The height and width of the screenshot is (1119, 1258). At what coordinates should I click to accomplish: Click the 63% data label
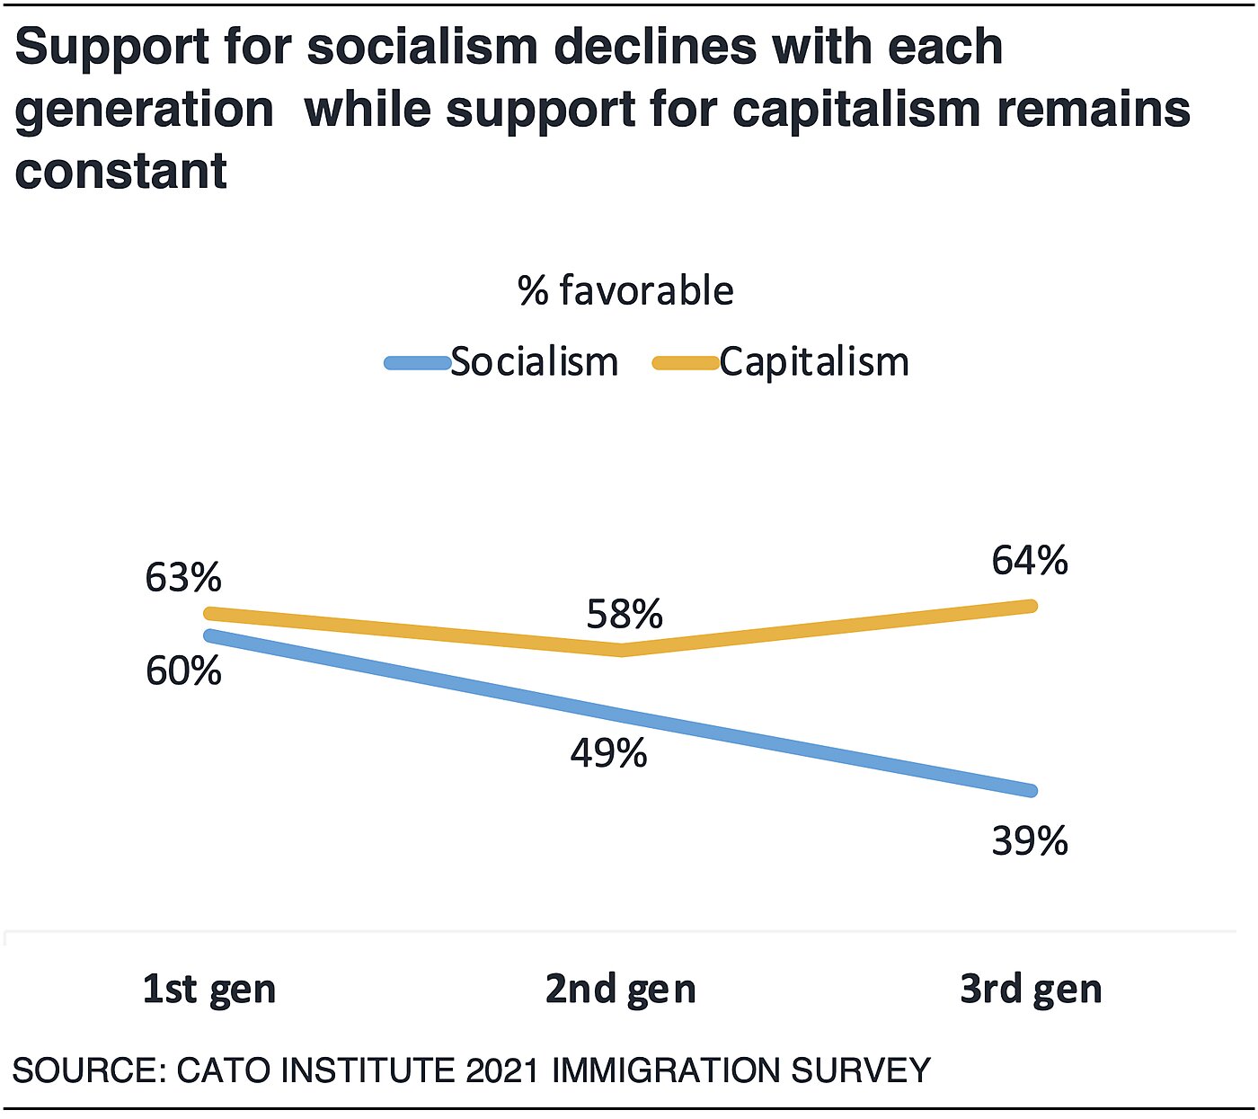click(183, 578)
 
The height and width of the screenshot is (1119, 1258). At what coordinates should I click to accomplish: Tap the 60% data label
click(183, 671)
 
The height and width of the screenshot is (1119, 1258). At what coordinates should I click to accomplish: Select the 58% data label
click(625, 615)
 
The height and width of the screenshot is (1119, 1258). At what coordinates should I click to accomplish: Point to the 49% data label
click(608, 753)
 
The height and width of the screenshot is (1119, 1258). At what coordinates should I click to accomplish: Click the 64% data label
click(1030, 561)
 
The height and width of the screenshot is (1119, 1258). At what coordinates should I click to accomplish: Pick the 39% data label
click(1030, 841)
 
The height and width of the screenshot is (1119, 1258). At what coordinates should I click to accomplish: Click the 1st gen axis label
click(209, 990)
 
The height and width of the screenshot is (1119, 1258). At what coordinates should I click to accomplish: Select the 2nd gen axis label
click(621, 990)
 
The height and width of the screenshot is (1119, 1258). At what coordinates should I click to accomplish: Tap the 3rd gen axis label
click(1031, 990)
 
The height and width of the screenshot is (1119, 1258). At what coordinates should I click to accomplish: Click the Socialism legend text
click(535, 362)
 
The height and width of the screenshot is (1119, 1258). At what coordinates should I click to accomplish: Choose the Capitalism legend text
click(814, 362)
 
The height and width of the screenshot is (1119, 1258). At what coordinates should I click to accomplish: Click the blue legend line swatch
click(418, 363)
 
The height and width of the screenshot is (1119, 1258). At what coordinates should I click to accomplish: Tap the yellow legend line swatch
click(686, 363)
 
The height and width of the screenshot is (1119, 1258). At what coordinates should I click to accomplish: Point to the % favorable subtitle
click(626, 291)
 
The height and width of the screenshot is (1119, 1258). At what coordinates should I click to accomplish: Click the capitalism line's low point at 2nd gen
click(622, 649)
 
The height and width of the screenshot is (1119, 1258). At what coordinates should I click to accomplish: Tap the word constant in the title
click(121, 171)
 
